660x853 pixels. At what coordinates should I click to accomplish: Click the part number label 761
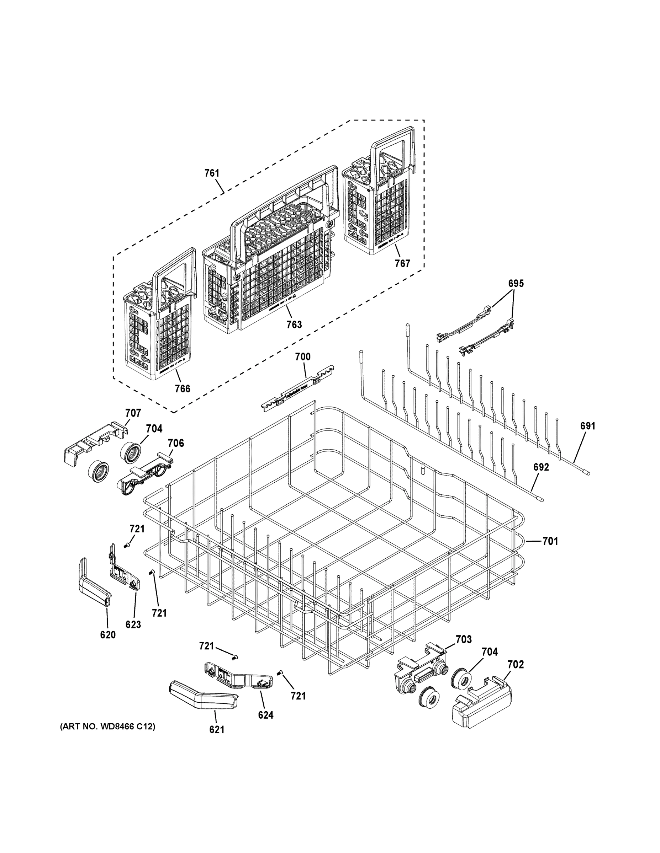(212, 173)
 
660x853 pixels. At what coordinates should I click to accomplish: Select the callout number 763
(294, 324)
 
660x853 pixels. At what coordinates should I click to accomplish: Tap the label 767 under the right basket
(402, 263)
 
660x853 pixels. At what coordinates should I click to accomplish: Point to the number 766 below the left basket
(182, 388)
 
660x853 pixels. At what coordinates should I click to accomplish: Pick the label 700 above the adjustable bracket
(303, 356)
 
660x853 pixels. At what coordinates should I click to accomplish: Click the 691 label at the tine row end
(588, 426)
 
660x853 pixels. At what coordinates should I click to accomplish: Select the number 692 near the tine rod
(541, 467)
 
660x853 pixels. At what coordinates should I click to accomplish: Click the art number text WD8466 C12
(107, 726)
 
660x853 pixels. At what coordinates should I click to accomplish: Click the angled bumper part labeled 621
(203, 698)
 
